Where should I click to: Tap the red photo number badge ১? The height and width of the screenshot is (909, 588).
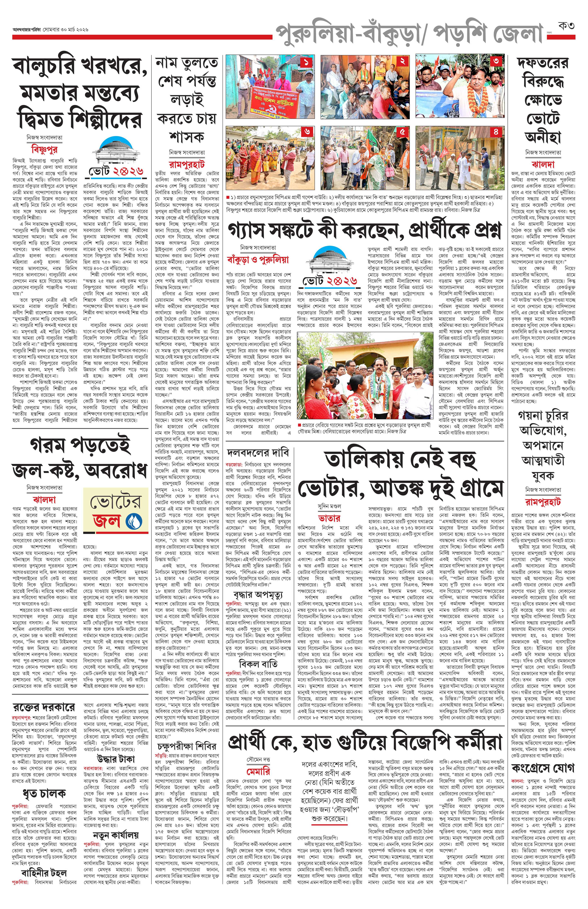(307, 62)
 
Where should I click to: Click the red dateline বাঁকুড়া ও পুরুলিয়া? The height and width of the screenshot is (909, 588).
(258, 260)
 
